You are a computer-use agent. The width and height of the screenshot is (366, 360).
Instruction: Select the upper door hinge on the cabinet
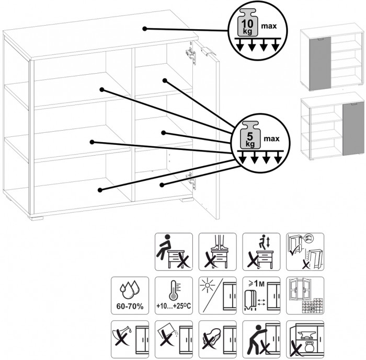pos(192,54)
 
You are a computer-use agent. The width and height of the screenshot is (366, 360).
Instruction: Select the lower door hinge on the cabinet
pos(192,180)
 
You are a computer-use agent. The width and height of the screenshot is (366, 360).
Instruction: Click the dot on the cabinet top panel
pos(145,28)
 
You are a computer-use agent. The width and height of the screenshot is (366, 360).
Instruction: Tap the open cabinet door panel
pos(208,131)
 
